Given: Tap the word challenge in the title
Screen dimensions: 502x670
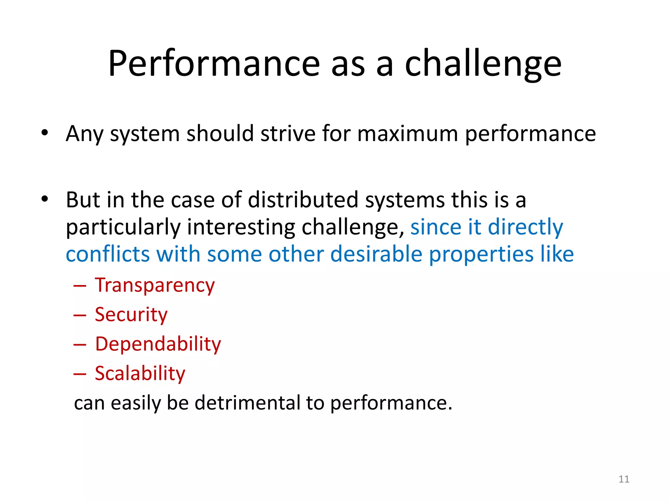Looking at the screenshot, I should pos(483,64).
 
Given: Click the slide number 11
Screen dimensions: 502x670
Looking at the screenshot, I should pos(624,479).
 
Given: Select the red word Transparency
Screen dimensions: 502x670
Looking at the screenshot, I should pos(155,285).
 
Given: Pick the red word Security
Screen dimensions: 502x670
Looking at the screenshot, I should pos(131,315).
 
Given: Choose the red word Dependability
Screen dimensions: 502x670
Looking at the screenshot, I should pos(158,344).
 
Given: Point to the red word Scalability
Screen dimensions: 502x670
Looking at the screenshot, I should pos(140,374).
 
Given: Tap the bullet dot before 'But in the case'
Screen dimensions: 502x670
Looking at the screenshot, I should pos(45,199).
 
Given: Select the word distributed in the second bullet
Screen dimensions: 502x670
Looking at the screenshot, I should pos(303,199).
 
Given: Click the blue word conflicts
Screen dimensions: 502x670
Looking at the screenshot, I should pos(108,254).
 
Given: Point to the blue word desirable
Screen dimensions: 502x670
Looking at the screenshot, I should pos(376,254).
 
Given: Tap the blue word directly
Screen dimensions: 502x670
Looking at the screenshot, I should pos(525,227).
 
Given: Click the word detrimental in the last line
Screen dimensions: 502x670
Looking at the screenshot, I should pos(247,403).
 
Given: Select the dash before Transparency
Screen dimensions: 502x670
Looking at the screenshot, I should pos(80,286).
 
